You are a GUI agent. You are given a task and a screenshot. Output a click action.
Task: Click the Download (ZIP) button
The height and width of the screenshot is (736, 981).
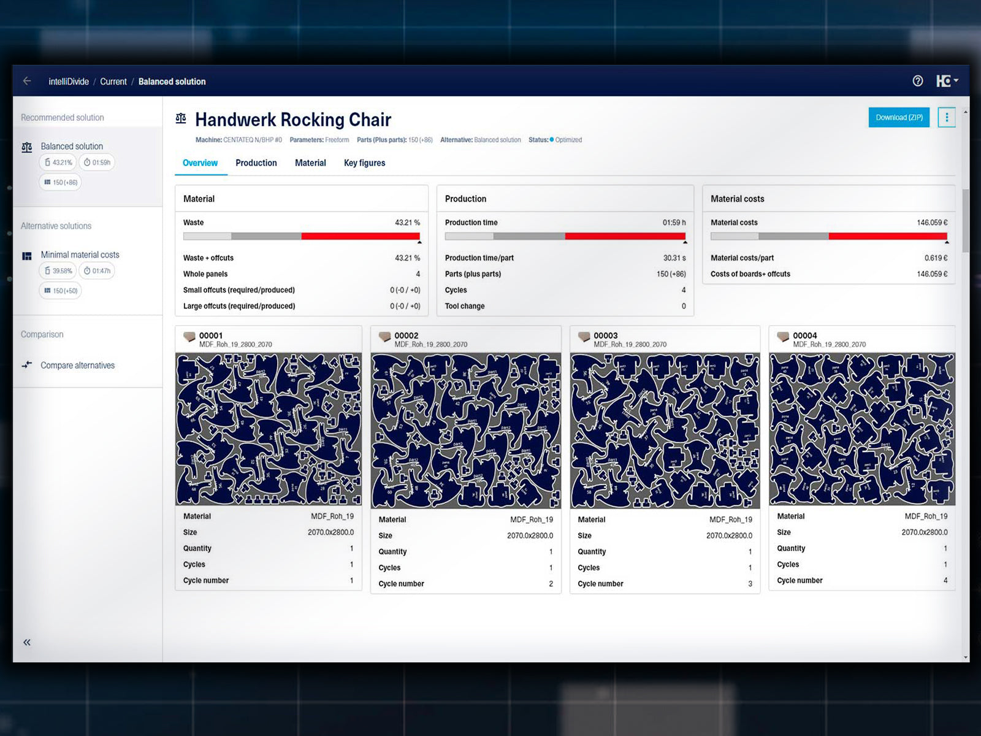tap(898, 117)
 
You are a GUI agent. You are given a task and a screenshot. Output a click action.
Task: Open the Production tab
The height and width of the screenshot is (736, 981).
tap(256, 163)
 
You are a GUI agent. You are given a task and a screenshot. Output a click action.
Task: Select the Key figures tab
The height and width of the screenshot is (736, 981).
tap(364, 163)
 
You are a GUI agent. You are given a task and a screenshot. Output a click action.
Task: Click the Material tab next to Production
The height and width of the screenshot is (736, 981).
tap(310, 163)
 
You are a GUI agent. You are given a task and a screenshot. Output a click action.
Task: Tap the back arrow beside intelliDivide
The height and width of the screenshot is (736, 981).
tap(27, 81)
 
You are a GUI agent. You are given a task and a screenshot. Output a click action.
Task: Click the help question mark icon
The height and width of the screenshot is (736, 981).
tap(917, 81)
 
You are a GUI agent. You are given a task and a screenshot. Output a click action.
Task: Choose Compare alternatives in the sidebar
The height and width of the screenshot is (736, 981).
tap(77, 366)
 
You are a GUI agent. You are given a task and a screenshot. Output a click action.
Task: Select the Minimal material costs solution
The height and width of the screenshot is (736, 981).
tap(80, 255)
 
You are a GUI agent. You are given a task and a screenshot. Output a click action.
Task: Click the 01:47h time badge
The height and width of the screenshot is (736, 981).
tap(97, 270)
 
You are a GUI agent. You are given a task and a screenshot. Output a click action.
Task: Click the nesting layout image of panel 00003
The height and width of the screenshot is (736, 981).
tap(665, 431)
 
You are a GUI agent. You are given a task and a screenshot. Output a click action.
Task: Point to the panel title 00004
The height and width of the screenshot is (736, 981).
tap(804, 335)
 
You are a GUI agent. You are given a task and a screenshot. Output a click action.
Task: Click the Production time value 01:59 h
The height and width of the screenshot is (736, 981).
tap(674, 223)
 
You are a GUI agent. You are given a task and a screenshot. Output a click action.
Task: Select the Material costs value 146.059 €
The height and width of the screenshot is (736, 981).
tap(932, 223)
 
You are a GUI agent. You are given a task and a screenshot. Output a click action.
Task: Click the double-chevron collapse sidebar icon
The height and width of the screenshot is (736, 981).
tap(27, 642)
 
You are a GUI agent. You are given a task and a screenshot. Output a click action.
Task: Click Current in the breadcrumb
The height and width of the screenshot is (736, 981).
tap(113, 82)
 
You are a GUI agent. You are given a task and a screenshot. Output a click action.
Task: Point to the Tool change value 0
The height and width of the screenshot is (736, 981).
tap(684, 306)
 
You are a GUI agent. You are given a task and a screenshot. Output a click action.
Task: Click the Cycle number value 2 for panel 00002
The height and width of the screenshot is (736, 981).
tap(551, 584)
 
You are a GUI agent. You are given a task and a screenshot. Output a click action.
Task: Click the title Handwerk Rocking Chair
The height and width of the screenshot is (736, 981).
tap(293, 120)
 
